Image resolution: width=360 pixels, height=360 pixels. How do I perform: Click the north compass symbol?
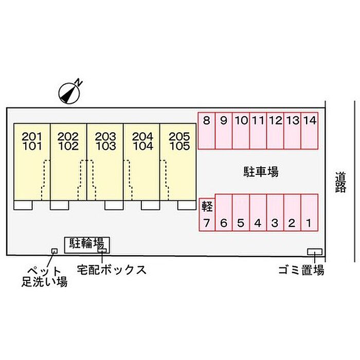tap(69, 93)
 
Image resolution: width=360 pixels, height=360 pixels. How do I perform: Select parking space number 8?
tap(206, 131)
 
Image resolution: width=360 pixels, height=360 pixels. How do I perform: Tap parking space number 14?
tap(310, 131)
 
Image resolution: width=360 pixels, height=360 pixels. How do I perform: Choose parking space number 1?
tap(309, 212)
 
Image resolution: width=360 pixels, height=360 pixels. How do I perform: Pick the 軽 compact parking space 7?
tap(207, 214)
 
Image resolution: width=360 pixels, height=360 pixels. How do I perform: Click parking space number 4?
tap(258, 212)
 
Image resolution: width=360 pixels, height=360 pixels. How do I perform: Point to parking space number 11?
tap(258, 131)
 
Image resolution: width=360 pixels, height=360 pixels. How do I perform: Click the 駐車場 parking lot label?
tap(261, 171)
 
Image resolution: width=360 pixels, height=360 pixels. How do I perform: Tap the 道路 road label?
tap(340, 182)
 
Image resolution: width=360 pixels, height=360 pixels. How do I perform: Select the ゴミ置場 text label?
tap(301, 270)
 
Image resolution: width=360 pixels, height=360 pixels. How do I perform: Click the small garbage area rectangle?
tap(315, 251)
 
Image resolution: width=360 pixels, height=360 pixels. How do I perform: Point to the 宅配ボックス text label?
tap(112, 269)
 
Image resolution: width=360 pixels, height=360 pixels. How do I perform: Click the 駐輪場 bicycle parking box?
tap(87, 245)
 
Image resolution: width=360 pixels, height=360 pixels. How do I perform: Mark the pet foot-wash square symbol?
tap(55, 251)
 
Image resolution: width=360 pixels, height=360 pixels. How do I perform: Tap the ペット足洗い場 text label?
tap(45, 277)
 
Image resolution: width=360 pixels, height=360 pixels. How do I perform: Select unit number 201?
tap(32, 137)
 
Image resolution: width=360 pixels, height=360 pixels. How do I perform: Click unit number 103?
tap(106, 146)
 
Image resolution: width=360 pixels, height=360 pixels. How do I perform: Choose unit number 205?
tap(179, 137)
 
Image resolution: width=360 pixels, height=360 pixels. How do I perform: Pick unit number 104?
tap(143, 146)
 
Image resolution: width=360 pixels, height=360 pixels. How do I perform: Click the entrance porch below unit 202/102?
tap(60, 205)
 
